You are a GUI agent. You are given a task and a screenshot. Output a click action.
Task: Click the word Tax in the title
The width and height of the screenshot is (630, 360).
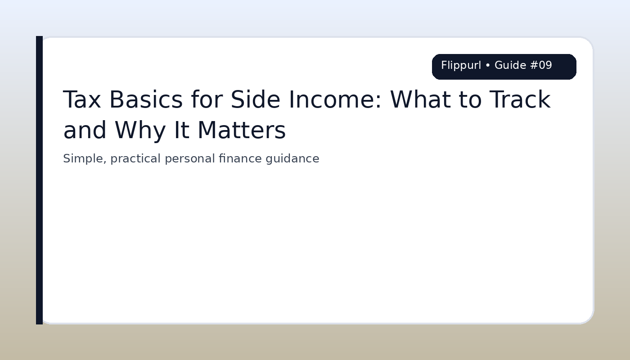pyautogui.click(x=81, y=100)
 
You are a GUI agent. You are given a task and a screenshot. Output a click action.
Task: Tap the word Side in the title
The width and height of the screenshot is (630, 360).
pyautogui.click(x=250, y=100)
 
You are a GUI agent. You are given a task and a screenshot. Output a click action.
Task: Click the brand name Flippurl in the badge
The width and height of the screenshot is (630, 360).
pyautogui.click(x=461, y=66)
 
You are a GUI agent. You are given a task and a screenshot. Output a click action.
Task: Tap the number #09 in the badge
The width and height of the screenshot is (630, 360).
pyautogui.click(x=541, y=66)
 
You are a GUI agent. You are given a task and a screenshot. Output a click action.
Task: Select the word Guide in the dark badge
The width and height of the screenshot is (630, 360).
pyautogui.click(x=510, y=66)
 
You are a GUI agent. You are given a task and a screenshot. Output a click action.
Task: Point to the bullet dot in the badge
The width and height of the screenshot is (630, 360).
pyautogui.click(x=488, y=66)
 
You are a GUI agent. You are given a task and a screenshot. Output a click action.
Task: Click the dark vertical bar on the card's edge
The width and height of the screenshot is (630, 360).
pyautogui.click(x=39, y=180)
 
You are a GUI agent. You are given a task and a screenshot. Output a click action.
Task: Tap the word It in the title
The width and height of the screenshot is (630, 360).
pyautogui.click(x=182, y=131)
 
